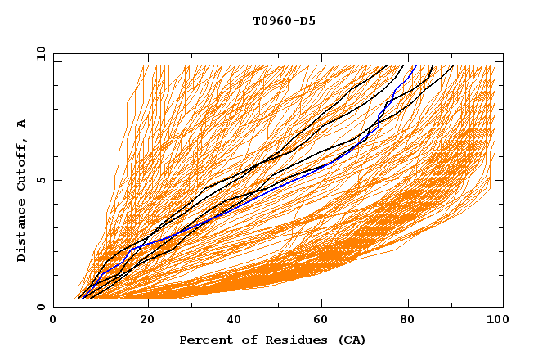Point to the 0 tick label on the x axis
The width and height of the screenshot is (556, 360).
pos(53,321)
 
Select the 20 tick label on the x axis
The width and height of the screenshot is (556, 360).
pos(142,321)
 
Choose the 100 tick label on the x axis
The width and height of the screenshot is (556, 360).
pos(495,321)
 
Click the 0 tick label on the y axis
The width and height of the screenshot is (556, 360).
pos(41,307)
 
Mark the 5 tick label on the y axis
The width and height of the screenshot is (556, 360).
pos(41,180)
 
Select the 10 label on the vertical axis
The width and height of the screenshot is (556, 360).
pos(38,53)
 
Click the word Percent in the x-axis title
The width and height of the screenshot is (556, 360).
pos(204,340)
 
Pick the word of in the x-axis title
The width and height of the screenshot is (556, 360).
pos(243,340)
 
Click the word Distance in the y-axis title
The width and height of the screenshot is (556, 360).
pos(22,231)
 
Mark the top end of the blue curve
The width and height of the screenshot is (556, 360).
pos(415,66)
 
